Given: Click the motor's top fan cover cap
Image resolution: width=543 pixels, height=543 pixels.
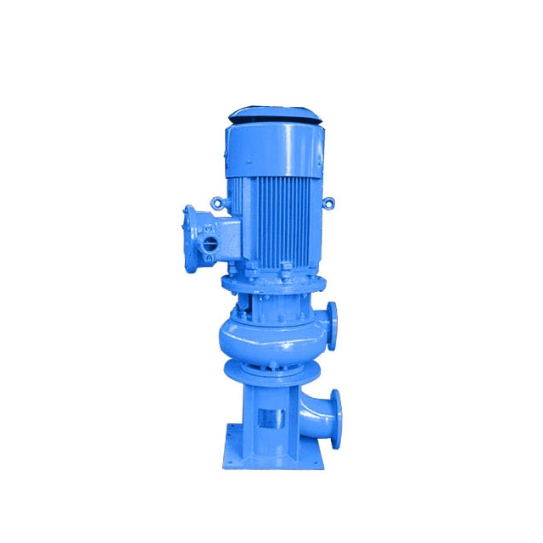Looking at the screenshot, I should [x=272, y=113].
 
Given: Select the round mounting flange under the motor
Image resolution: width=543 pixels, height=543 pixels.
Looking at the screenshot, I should [x=271, y=281].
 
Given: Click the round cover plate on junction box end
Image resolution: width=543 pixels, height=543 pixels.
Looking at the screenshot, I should [x=189, y=229].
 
